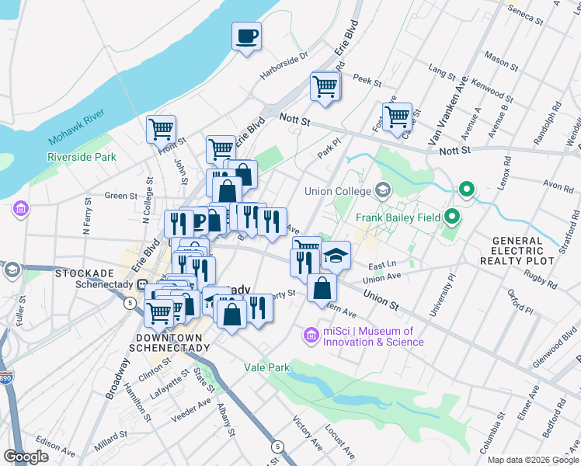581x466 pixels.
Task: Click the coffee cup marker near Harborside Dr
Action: click(x=247, y=36)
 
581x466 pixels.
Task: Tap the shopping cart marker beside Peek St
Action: click(x=325, y=86)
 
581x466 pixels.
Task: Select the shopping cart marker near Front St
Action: click(x=161, y=129)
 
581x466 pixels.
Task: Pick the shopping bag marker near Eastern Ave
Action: click(x=322, y=288)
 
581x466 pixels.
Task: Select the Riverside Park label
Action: click(x=82, y=157)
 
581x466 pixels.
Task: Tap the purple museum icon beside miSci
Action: click(x=311, y=336)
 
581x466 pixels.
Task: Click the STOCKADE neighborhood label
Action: click(x=85, y=273)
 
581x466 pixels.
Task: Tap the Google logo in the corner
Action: click(x=26, y=456)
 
